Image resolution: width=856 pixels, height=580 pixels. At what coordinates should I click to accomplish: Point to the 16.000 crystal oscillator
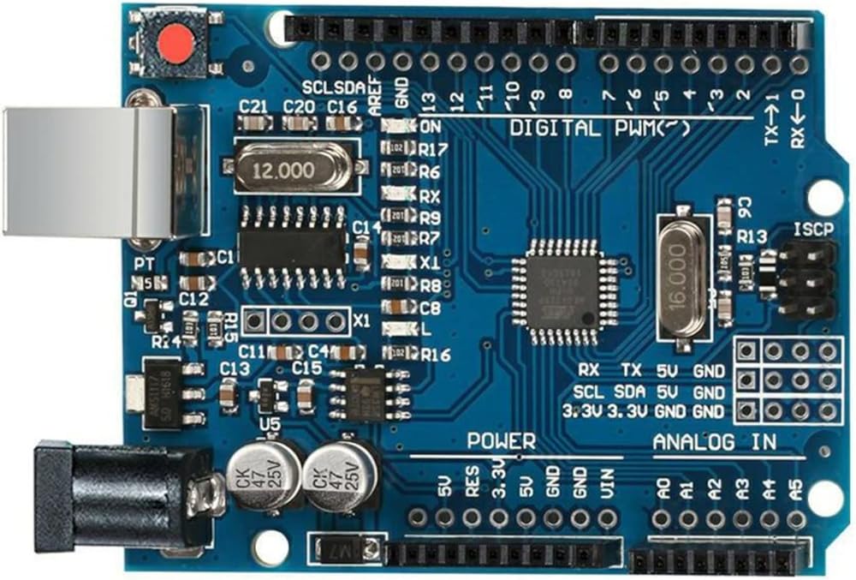[683, 278]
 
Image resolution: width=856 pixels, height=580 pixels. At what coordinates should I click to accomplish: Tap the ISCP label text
[812, 230]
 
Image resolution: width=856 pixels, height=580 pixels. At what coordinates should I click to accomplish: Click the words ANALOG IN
[715, 442]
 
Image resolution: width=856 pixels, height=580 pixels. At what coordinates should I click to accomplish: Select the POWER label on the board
[502, 442]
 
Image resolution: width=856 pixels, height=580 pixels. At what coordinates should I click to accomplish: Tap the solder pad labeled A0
[661, 518]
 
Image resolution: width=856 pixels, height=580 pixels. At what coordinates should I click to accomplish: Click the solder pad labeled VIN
[608, 517]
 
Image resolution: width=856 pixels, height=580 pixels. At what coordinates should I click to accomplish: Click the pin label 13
[430, 100]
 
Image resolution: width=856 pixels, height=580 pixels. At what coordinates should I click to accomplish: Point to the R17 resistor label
[430, 149]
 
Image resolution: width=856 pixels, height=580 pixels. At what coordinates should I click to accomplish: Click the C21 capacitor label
[253, 107]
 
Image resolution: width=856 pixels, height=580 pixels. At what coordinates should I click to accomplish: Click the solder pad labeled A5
[796, 518]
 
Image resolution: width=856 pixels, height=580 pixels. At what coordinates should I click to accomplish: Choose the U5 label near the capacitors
[270, 424]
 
